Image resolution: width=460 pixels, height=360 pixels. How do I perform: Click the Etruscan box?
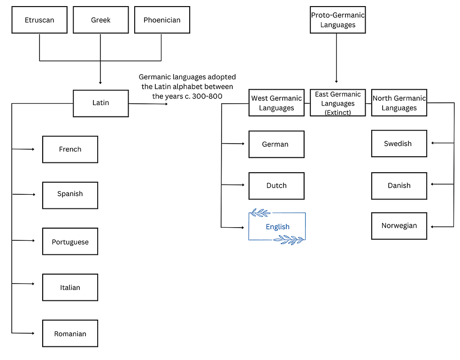coord(39,20)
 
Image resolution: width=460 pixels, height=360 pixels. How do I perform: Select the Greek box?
coord(100,20)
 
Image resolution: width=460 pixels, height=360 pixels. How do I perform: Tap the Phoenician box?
coord(162,20)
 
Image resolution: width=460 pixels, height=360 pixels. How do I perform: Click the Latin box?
coord(100,103)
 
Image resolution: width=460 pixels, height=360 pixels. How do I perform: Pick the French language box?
coord(70,149)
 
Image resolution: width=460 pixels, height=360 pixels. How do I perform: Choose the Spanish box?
coord(70,194)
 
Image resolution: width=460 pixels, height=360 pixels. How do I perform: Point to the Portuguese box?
coord(70,242)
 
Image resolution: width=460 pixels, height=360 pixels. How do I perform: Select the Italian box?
coord(70,287)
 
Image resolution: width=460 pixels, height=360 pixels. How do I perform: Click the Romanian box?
coord(70,334)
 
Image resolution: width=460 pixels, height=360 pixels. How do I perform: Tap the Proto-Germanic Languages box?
coord(337,20)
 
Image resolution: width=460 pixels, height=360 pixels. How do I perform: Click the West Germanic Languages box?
coord(276,103)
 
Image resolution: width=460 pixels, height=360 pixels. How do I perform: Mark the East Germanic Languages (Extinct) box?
coord(337,103)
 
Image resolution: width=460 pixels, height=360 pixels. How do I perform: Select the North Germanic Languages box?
coord(399,103)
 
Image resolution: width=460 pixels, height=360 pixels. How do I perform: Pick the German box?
coord(276,144)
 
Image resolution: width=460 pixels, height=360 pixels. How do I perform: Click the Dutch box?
coord(276,185)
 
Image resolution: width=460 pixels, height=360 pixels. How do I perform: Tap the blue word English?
coord(277,227)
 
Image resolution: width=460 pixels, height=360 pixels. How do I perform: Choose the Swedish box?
coord(399,144)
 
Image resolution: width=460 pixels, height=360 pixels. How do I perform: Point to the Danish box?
coord(399,185)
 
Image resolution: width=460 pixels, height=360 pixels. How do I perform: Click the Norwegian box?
coord(399,226)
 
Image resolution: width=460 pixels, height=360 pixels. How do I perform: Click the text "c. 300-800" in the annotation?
coord(205,96)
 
